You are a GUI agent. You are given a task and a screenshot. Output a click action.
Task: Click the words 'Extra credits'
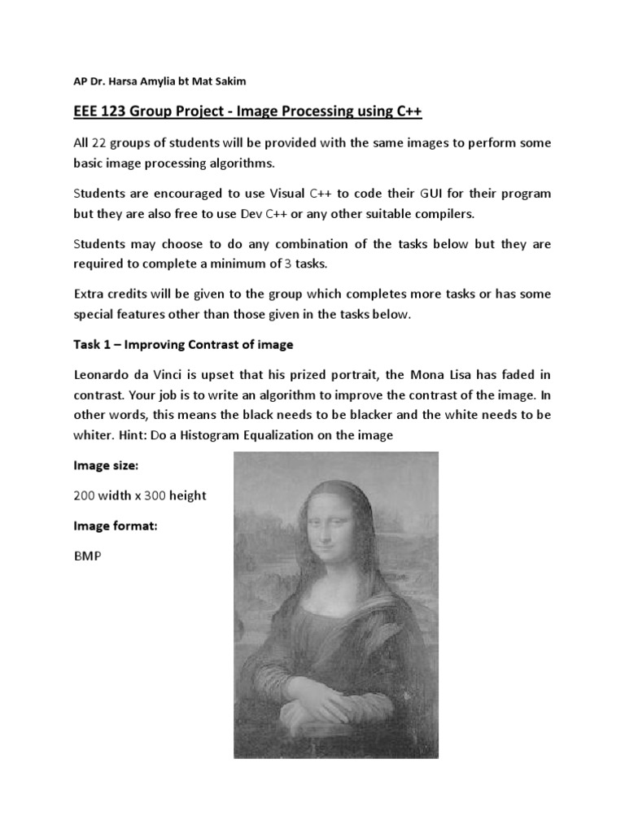[x=113, y=294]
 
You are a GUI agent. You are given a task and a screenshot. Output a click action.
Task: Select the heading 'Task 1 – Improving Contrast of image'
[x=183, y=345]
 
